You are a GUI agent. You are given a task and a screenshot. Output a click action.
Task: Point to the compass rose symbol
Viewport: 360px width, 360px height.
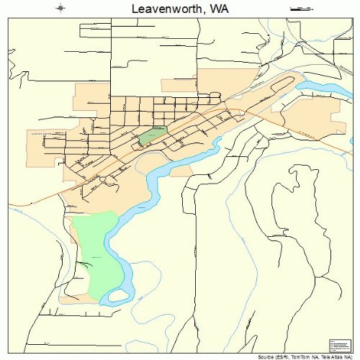pyautogui.click(x=60, y=9)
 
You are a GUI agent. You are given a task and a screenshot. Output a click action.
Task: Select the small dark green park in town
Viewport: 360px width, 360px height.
pyautogui.click(x=152, y=135)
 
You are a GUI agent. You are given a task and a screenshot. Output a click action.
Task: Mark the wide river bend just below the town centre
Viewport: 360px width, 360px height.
pyautogui.click(x=162, y=169)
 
